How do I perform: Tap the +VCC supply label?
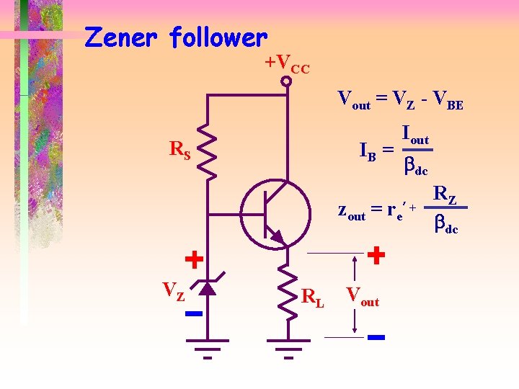pos(287,65)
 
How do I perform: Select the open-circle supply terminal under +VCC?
pos(286,82)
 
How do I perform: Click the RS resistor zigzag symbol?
pos(208,151)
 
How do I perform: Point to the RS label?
pos(179,150)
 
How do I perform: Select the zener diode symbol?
pos(208,288)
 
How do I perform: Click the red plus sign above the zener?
pos(193,258)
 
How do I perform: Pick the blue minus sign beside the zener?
pos(192,314)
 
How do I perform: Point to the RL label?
pos(313,296)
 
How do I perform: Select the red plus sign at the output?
pos(376,254)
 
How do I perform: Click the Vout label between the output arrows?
pos(363,295)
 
